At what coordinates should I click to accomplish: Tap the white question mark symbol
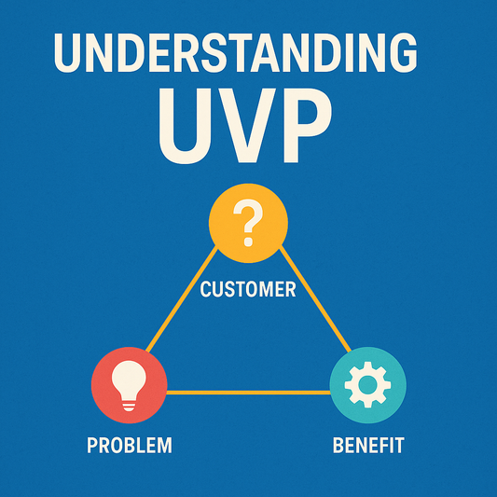coord(248,224)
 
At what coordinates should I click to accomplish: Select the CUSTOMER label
coord(248,290)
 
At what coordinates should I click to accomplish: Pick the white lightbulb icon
coord(130,384)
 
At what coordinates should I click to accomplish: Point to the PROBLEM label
coord(129,445)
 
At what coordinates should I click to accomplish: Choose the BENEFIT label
coord(368,445)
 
